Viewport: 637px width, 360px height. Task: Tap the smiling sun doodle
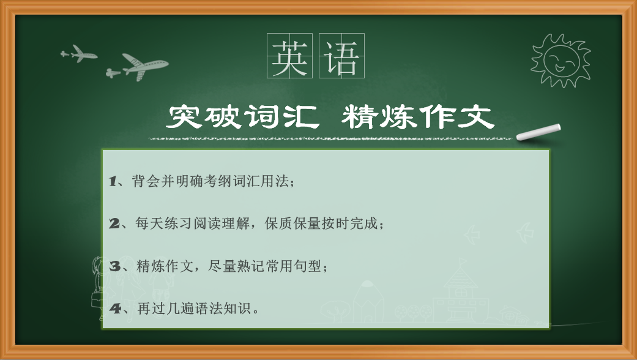(x=561, y=61)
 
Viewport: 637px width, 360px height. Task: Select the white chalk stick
(x=538, y=132)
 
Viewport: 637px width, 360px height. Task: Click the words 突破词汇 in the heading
(x=243, y=117)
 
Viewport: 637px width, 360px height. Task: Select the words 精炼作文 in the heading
(x=418, y=117)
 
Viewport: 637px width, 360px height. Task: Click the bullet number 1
(x=113, y=181)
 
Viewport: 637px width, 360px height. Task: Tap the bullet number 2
(x=114, y=223)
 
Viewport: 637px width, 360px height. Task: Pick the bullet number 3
(x=115, y=266)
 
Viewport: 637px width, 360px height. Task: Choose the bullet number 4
(x=115, y=309)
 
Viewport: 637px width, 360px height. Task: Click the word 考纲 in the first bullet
(x=217, y=181)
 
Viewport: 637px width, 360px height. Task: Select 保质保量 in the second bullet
(x=292, y=223)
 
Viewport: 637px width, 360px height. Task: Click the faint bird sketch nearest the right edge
(x=525, y=233)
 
